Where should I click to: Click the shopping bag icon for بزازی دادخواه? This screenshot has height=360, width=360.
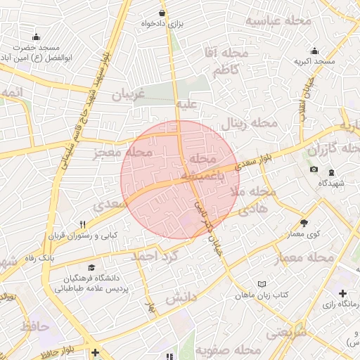(162, 13)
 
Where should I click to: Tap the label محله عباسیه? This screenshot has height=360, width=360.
(278, 22)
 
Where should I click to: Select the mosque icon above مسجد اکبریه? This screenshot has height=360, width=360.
(314, 51)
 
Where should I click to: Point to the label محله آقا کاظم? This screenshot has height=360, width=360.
(235, 61)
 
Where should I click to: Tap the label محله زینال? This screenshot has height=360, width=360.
(250, 124)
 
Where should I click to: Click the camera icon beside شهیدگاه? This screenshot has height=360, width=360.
(314, 170)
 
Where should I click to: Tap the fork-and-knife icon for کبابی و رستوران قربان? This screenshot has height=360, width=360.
(83, 224)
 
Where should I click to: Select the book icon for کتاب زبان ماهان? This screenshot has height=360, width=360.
(262, 283)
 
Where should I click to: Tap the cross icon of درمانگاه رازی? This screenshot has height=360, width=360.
(342, 292)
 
